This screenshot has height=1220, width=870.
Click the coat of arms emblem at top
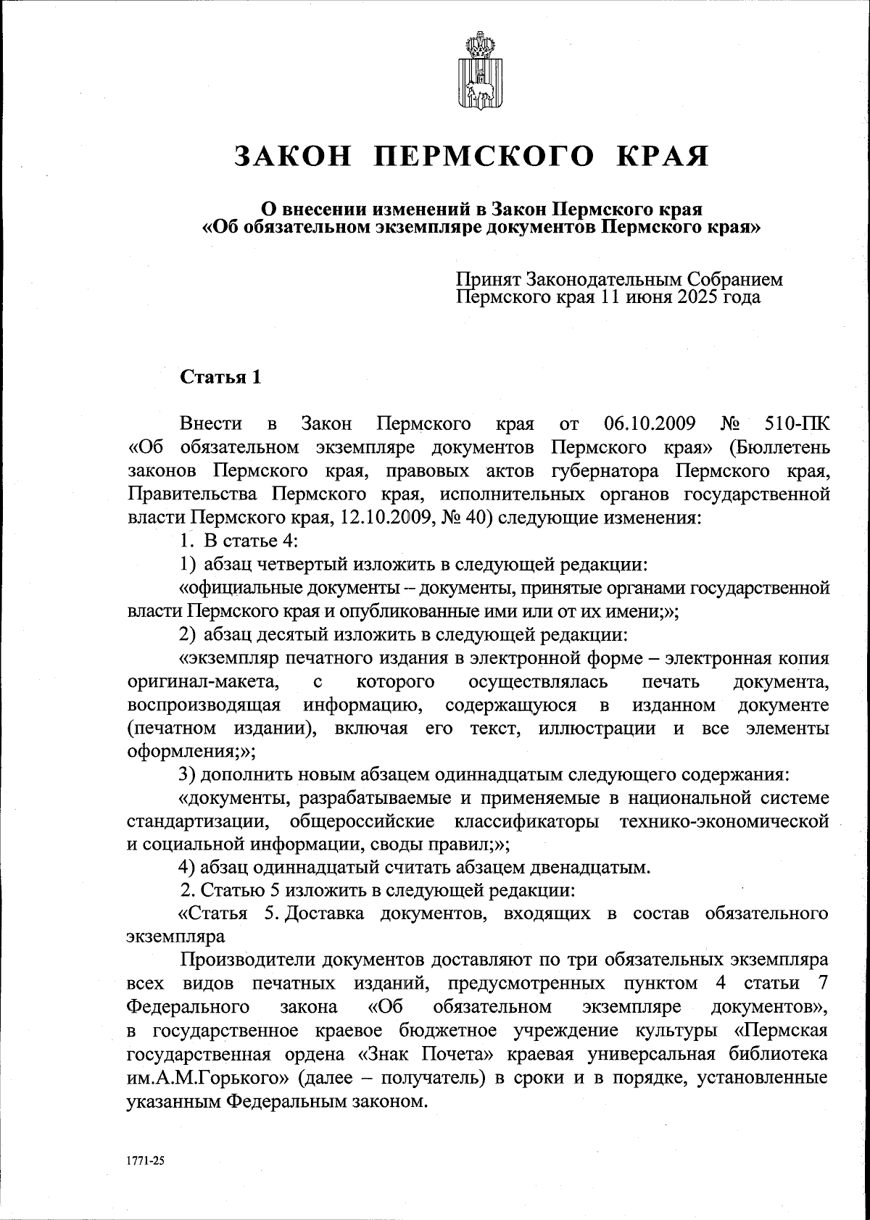(x=476, y=70)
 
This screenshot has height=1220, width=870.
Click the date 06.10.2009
(x=650, y=423)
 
